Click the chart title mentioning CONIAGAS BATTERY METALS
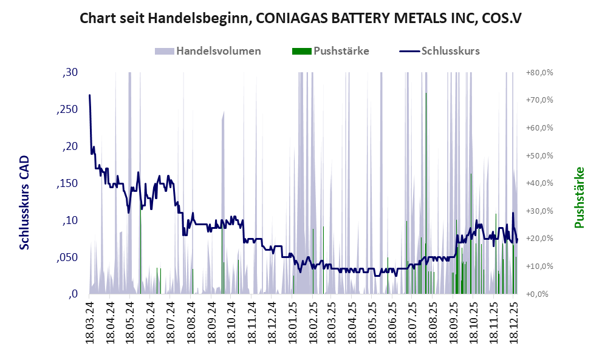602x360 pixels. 301,18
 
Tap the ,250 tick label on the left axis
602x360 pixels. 67,110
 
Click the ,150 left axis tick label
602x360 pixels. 67,184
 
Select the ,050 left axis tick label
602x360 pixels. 67,257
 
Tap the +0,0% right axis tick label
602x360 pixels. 540,294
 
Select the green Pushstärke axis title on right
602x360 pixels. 579,198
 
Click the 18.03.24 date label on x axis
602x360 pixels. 90,322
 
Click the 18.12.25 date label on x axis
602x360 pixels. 513,322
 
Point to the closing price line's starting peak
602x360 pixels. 90,95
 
